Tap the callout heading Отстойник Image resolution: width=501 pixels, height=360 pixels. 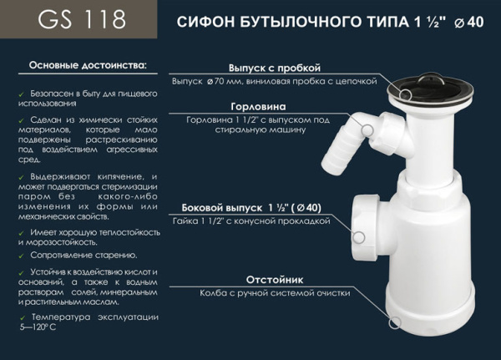pyautogui.click(x=272, y=279)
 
